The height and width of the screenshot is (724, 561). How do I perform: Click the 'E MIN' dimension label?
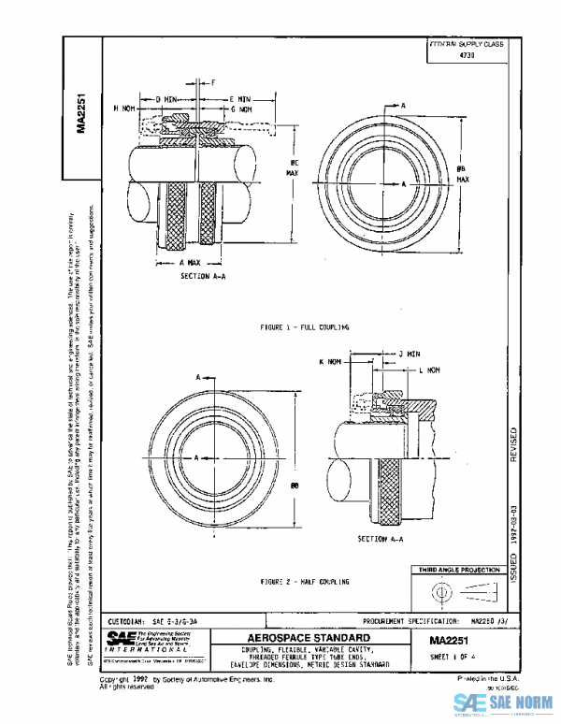(x=240, y=97)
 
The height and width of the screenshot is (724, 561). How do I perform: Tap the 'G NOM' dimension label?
(x=242, y=109)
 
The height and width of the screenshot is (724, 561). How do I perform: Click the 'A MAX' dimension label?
(x=191, y=263)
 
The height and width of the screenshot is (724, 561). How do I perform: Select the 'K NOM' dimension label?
(x=329, y=361)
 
